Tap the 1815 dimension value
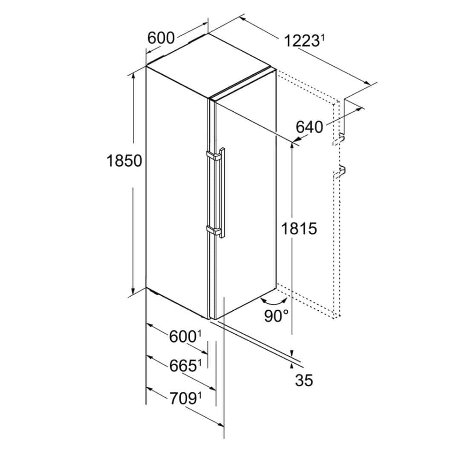pyautogui.click(x=298, y=228)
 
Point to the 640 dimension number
pyautogui.click(x=309, y=127)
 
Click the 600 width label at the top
pyautogui.click(x=161, y=38)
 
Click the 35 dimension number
pyautogui.click(x=304, y=381)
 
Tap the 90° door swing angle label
pyautogui.click(x=277, y=316)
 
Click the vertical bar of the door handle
pyautogui.click(x=222, y=193)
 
